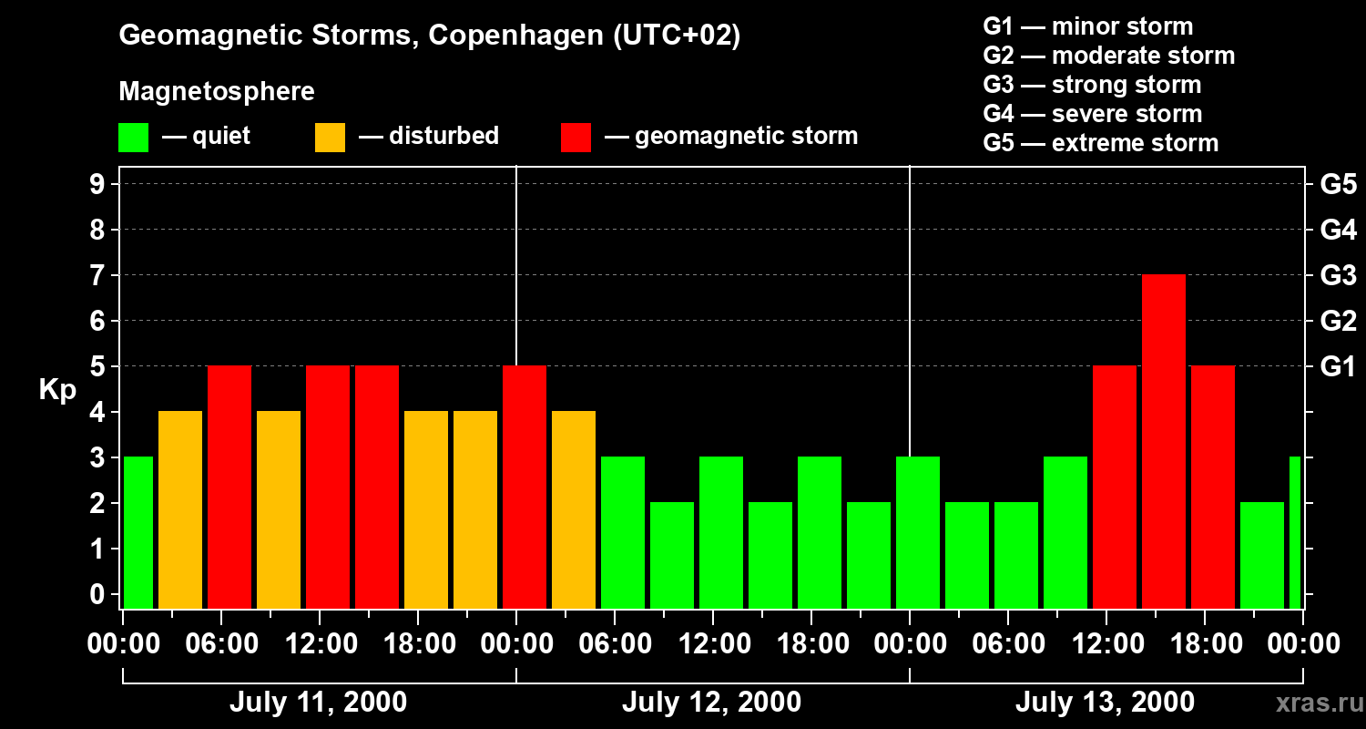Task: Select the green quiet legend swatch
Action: click(x=133, y=138)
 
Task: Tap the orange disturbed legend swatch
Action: click(x=330, y=138)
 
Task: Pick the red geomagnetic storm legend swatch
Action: click(x=576, y=138)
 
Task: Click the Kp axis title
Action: click(x=57, y=390)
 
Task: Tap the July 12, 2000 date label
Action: click(x=711, y=703)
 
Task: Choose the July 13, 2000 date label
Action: click(x=1105, y=703)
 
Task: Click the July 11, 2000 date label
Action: click(x=318, y=703)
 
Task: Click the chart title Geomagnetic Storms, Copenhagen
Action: click(x=429, y=36)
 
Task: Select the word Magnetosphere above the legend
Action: click(x=217, y=92)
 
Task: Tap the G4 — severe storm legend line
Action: click(x=1092, y=114)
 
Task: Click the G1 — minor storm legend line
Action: click(x=1087, y=26)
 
